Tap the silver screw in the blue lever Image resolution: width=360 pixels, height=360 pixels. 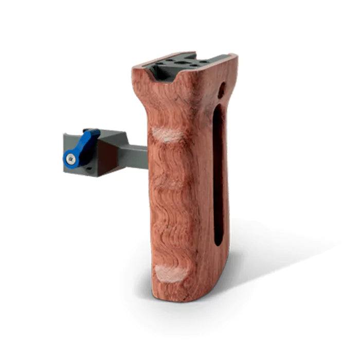pyautogui.click(x=71, y=160)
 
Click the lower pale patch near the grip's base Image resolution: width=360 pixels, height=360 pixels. pyautogui.click(x=170, y=273)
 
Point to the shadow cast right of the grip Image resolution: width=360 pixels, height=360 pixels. pyautogui.click(x=273, y=257)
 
